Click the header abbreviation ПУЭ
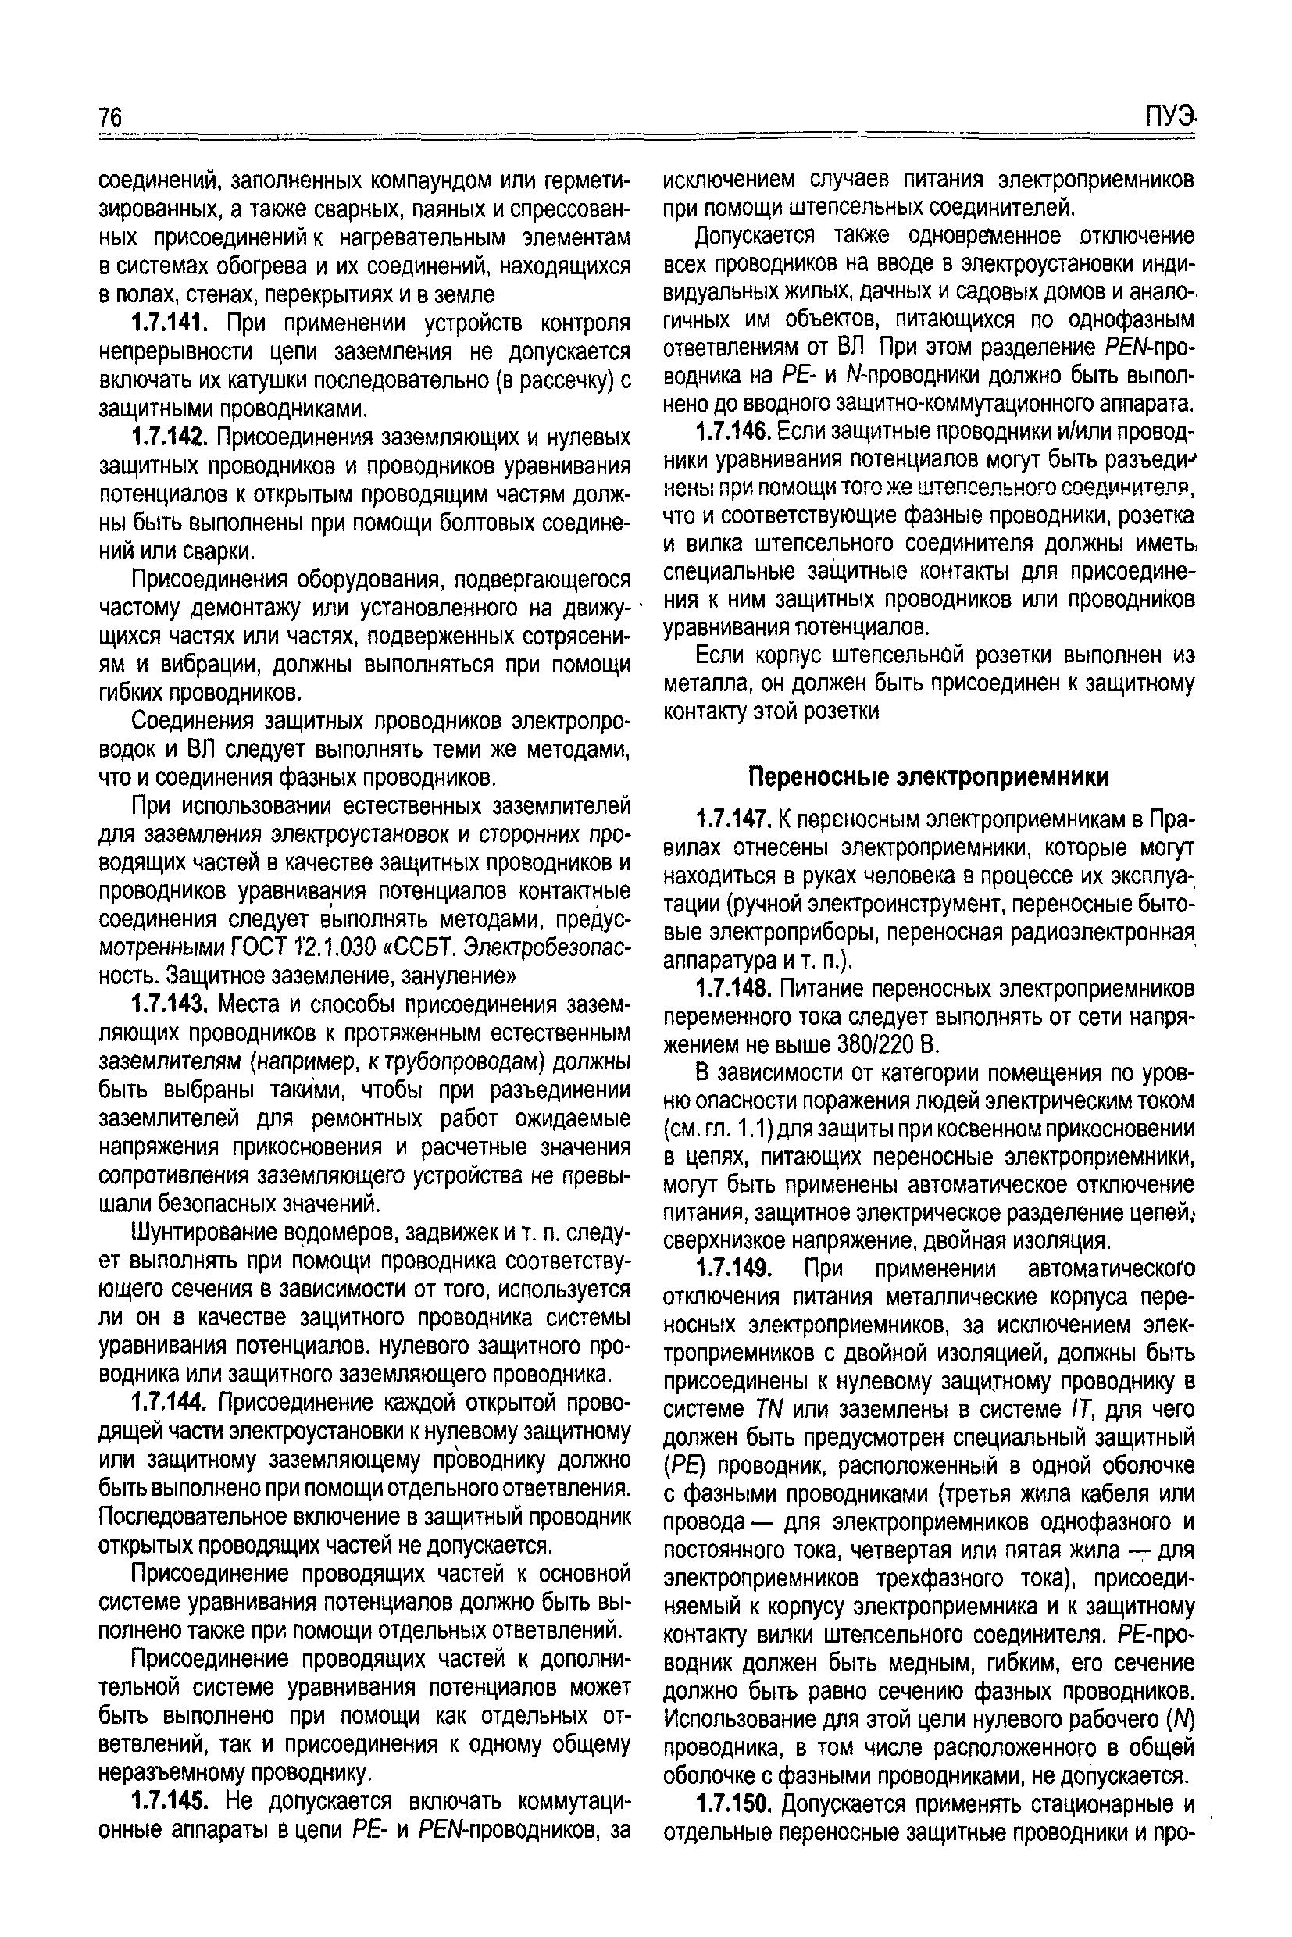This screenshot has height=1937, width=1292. (1169, 117)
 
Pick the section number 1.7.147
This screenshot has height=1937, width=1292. (733, 820)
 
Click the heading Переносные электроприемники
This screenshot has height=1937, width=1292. (929, 777)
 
